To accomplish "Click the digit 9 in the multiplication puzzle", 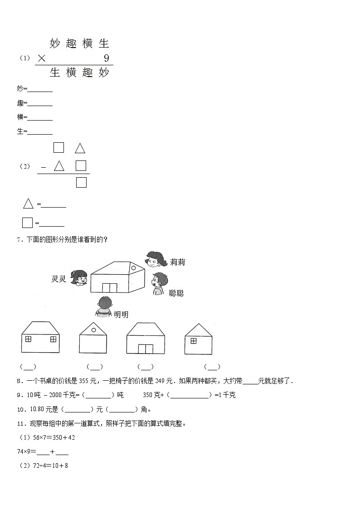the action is pyautogui.click(x=107, y=58).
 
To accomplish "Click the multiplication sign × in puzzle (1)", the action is pyautogui.click(x=42, y=58).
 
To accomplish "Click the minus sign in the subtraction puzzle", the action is pyautogui.click(x=44, y=167).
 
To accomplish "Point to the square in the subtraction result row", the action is pyautogui.click(x=81, y=182).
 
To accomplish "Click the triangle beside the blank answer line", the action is pyautogui.click(x=28, y=204).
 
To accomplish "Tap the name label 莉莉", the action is pyautogui.click(x=177, y=262).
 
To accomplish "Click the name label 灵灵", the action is pyautogui.click(x=59, y=279).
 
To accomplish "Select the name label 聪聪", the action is pyautogui.click(x=176, y=293).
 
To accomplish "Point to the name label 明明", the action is pyautogui.click(x=121, y=315).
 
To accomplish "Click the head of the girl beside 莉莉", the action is pyautogui.click(x=154, y=260).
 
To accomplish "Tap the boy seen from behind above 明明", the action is pyautogui.click(x=104, y=306).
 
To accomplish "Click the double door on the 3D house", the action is pyautogui.click(x=109, y=288).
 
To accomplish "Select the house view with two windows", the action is pyautogui.click(x=41, y=337).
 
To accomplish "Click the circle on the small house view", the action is pyautogui.click(x=93, y=330).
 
